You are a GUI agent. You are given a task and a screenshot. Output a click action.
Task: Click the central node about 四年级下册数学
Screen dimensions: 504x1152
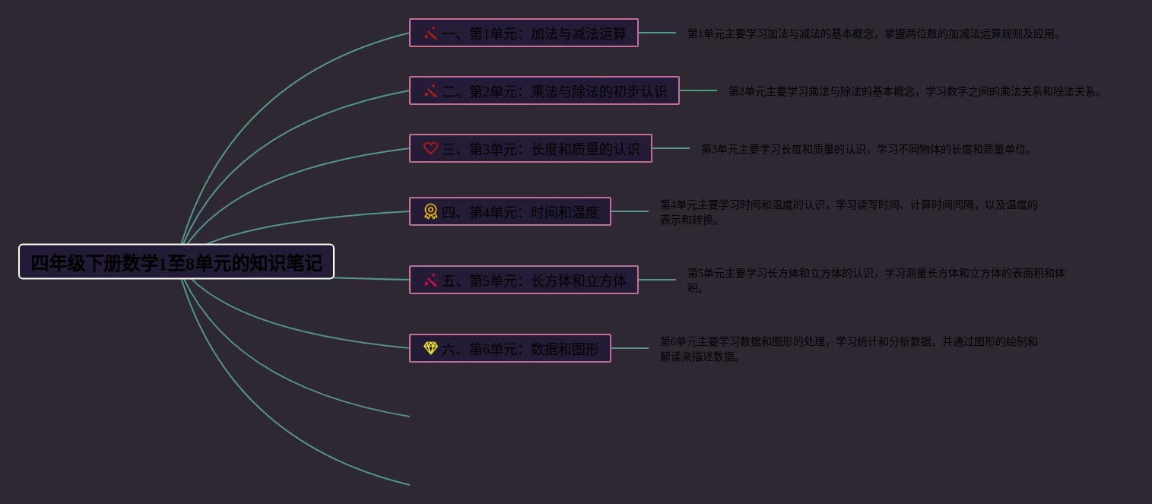[176, 262]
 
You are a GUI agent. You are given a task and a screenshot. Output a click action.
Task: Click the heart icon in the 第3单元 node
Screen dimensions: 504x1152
[430, 148]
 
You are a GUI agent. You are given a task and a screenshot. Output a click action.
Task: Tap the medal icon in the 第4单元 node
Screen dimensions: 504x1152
[430, 211]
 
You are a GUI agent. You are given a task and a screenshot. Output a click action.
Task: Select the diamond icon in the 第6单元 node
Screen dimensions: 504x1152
[430, 348]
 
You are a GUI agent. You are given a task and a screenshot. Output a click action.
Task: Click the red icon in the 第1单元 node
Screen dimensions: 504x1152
[430, 33]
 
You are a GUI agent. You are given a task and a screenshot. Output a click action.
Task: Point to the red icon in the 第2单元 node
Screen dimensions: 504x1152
[430, 91]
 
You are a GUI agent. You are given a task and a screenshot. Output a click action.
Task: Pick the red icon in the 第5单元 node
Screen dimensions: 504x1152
[430, 281]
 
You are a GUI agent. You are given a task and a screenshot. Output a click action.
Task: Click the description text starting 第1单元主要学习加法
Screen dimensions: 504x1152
[874, 34]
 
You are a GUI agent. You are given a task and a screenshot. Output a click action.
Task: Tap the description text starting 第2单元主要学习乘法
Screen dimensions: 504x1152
[916, 92]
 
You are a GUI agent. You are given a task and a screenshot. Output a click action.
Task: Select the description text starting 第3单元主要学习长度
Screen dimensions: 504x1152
[867, 150]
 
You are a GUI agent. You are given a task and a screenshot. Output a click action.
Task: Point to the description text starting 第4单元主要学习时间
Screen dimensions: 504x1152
[849, 212]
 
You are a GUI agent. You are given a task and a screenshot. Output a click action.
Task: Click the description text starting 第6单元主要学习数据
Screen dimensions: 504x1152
[849, 349]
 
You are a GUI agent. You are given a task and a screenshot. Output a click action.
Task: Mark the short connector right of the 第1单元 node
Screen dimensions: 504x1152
[657, 33]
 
